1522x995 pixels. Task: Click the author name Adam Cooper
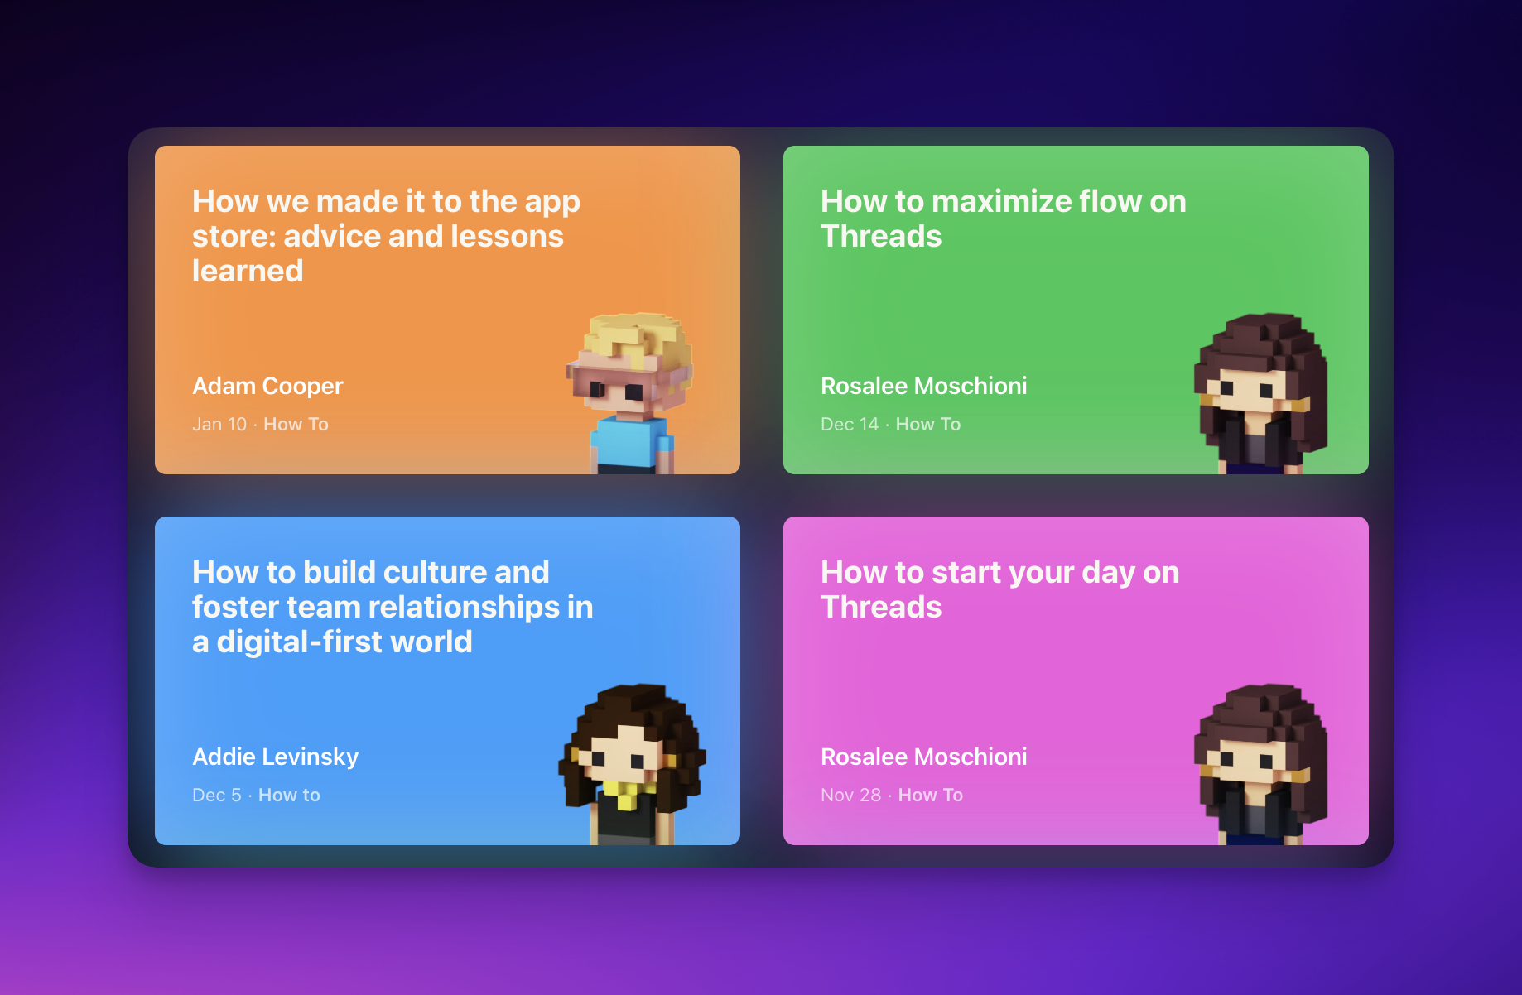[x=267, y=386]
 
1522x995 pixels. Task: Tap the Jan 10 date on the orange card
[x=219, y=424]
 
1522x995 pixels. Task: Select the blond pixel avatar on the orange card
[x=631, y=393]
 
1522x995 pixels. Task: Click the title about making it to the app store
[x=386, y=236]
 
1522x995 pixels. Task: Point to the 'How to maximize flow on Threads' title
[x=1004, y=219]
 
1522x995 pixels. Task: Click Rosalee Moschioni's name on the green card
[x=924, y=386]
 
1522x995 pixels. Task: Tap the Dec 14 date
[x=850, y=424]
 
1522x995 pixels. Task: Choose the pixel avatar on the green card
[x=1260, y=393]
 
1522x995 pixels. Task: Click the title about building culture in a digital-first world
[x=393, y=607]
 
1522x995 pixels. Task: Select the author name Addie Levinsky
[x=276, y=757]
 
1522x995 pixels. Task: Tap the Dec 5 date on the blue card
[x=217, y=795]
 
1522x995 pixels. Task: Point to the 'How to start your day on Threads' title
[x=1000, y=589]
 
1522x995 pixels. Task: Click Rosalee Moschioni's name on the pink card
[x=924, y=757]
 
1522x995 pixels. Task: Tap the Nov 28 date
[x=851, y=795]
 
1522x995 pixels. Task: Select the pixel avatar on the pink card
[x=1260, y=764]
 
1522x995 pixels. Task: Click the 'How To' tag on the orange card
[x=296, y=424]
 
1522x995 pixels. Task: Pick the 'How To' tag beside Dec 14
[x=928, y=424]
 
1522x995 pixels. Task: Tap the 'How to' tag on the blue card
[x=289, y=795]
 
